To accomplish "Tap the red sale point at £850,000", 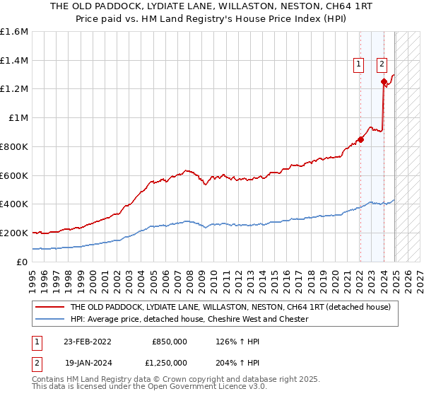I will (360, 139).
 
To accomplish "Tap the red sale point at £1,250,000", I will (384, 81).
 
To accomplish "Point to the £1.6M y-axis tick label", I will (14, 32).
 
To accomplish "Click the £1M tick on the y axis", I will (18, 118).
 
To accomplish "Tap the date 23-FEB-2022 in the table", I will (87, 340).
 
